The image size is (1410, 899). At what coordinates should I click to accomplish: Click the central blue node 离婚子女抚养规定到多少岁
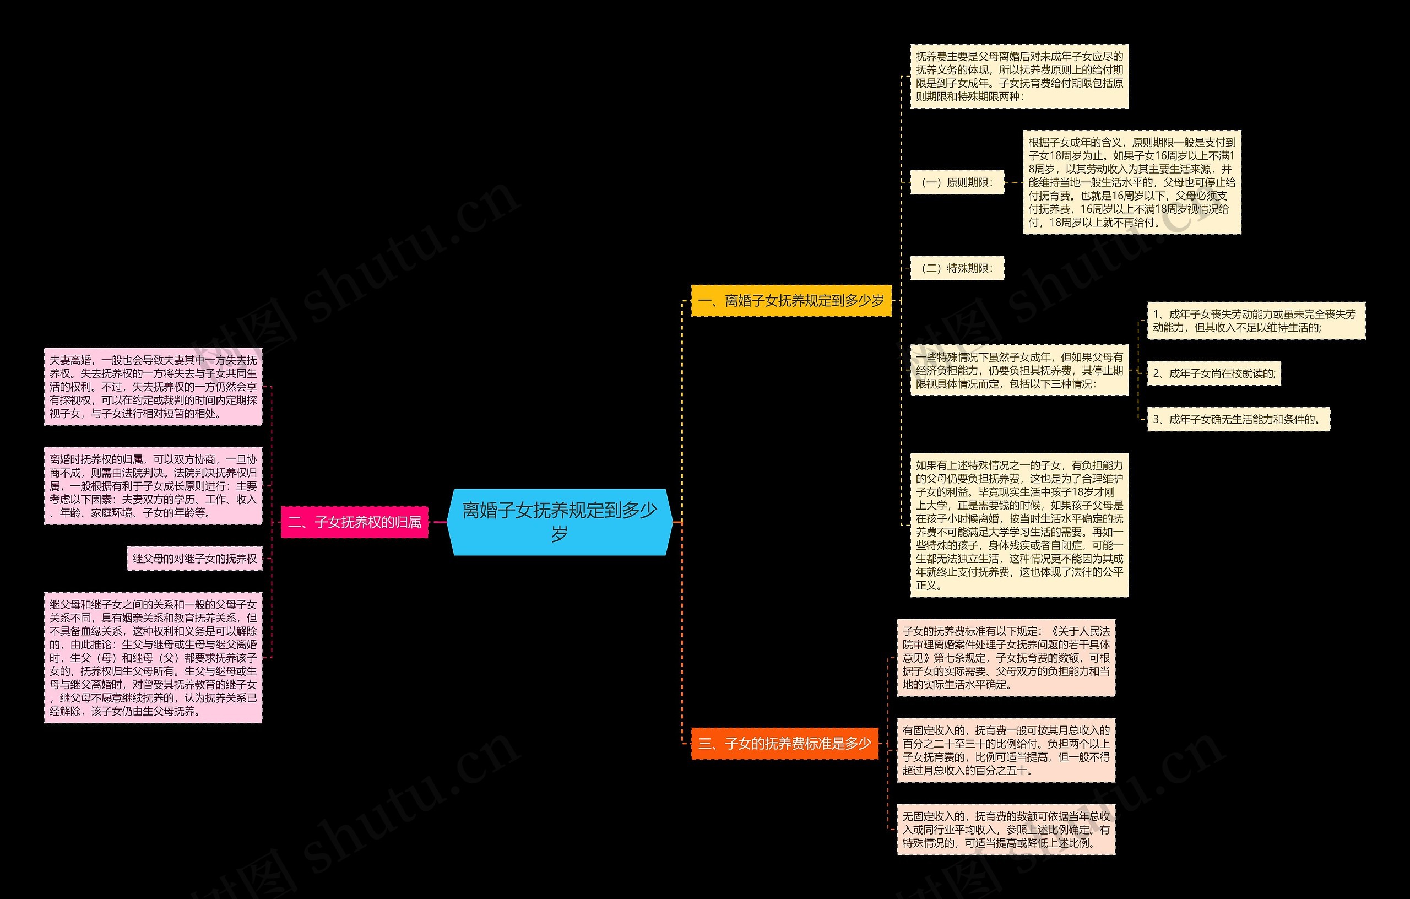pos(559,521)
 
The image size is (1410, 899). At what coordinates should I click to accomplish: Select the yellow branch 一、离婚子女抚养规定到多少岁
pos(791,301)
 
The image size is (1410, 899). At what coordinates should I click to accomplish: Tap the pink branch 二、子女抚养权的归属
pos(355,522)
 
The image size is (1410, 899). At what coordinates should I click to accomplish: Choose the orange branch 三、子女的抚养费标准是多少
pos(785,744)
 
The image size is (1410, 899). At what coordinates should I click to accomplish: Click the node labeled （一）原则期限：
pos(957,183)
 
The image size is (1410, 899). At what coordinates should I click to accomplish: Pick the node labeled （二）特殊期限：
pos(957,268)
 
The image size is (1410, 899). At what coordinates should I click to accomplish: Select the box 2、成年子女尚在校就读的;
pos(1213,373)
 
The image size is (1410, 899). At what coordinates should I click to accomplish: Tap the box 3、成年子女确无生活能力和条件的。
pos(1238,419)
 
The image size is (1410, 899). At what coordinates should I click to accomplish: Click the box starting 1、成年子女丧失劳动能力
pos(1255,321)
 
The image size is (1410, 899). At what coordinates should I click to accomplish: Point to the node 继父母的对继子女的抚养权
pos(194,559)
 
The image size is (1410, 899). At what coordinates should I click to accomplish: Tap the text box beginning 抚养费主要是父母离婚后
pos(1019,76)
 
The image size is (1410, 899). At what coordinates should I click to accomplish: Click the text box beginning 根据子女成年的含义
pos(1131,182)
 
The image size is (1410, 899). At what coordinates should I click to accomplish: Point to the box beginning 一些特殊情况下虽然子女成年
pos(1019,370)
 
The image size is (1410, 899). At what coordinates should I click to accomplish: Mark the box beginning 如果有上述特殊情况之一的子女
pos(1019,525)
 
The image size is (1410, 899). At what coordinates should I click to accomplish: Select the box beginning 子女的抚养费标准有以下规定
pos(1006,658)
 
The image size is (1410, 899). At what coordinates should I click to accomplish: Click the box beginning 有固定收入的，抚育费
pos(1006,750)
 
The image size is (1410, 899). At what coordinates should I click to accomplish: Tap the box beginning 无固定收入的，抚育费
pos(1006,829)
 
